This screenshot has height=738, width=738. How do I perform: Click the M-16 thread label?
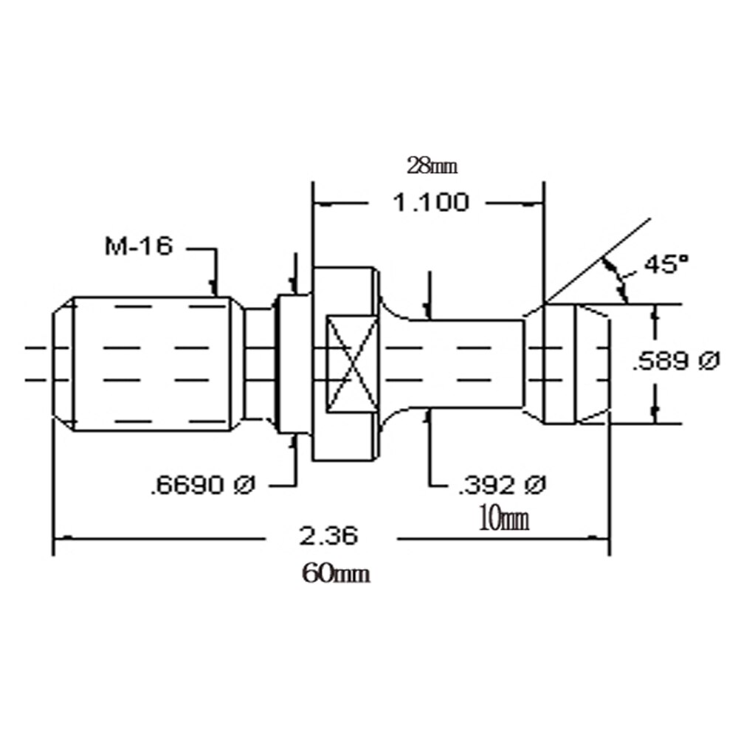(138, 246)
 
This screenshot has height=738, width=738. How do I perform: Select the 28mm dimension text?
(432, 165)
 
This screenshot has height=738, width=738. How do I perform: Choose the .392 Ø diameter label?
(501, 485)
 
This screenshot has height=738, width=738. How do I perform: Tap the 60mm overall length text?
(336, 573)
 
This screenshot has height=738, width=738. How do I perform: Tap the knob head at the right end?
(568, 363)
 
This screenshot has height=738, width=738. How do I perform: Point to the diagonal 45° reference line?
(598, 261)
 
